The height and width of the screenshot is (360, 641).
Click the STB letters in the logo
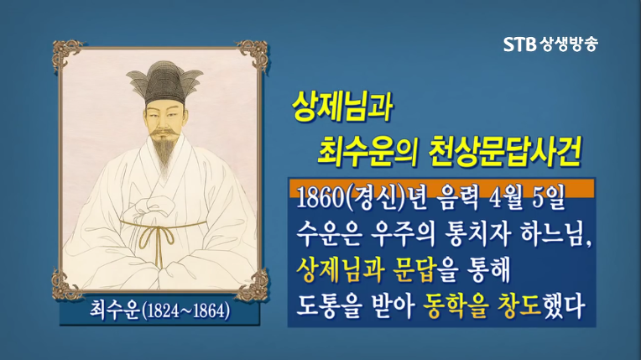(519, 44)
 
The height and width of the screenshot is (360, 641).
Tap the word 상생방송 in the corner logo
(568, 44)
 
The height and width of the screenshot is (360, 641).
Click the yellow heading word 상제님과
(342, 107)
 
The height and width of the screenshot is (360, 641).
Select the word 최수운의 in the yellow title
(367, 152)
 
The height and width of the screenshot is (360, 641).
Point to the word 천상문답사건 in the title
(506, 152)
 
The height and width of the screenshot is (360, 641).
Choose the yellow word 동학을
(456, 306)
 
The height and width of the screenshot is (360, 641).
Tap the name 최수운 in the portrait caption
(114, 311)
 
